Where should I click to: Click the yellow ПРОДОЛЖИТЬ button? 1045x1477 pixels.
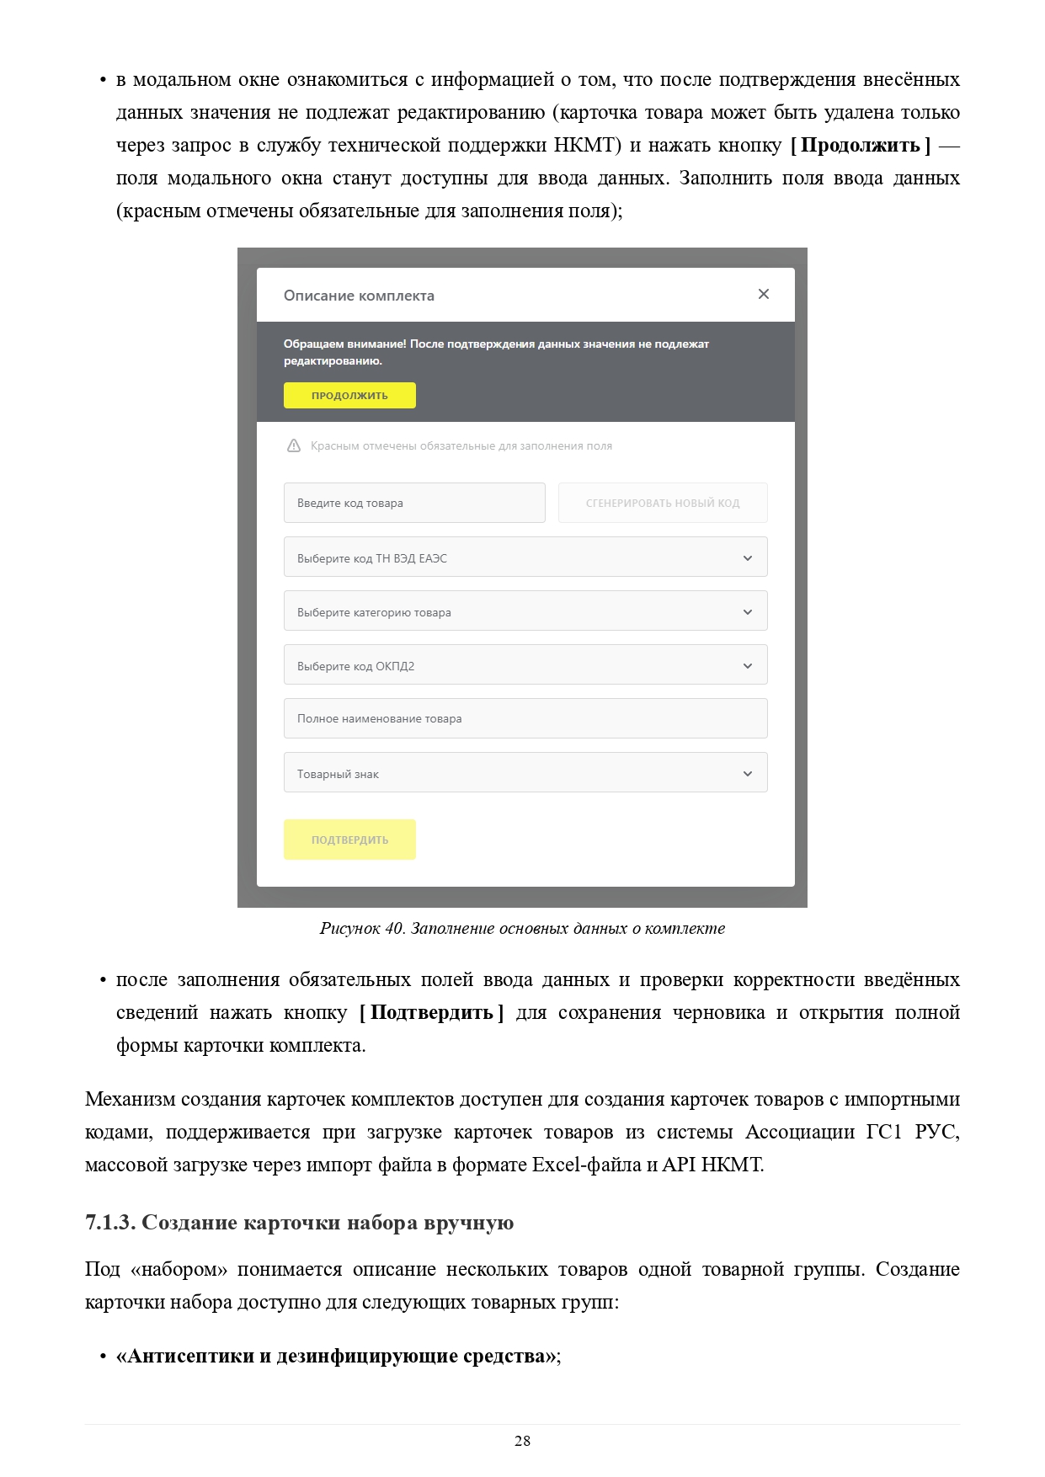tap(349, 396)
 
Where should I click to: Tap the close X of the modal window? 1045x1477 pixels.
tap(764, 294)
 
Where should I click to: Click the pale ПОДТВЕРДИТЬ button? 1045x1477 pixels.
tap(349, 840)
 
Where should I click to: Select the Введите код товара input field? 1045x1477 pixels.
tap(414, 503)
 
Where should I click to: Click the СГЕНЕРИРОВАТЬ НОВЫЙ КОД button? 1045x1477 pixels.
tap(663, 503)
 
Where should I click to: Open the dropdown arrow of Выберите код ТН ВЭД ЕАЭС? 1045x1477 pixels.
tap(747, 558)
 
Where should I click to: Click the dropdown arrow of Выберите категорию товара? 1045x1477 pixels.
tap(747, 612)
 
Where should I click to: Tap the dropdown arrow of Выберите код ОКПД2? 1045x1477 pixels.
tap(747, 666)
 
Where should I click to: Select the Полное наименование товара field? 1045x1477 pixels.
tap(525, 719)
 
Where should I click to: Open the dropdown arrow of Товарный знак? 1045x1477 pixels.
tap(747, 774)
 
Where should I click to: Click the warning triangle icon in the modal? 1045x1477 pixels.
tap(294, 446)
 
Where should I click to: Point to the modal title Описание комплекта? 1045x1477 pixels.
tap(359, 296)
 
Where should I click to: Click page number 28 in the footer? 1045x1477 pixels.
tap(522, 1441)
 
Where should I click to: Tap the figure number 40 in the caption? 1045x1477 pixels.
tap(394, 929)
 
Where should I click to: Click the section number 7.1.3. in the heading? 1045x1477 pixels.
tap(109, 1223)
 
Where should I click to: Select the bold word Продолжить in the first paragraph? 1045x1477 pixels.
tap(860, 146)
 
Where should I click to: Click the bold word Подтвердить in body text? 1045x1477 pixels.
tap(431, 1013)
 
